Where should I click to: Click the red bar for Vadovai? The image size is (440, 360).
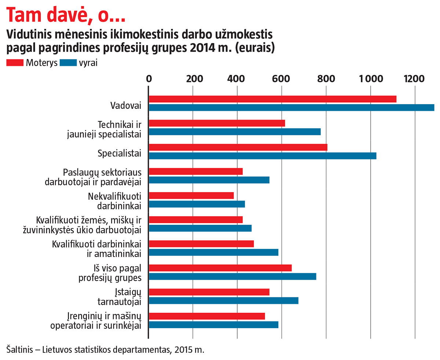272,99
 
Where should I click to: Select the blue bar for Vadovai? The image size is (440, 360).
291,107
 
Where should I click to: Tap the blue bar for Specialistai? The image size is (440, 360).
263,156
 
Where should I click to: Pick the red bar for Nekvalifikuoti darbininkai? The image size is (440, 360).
191,196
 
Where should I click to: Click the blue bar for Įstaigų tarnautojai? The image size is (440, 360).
224,301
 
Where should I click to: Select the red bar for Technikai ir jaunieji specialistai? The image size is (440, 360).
217,123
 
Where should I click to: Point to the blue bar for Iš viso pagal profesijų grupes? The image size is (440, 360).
232,277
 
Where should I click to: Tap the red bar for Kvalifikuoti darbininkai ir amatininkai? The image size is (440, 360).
201,244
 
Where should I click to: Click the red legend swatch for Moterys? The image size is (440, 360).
15,62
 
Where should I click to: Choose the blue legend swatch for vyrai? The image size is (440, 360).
68,62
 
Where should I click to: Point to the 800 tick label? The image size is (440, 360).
326,79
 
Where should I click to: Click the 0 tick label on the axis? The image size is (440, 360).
148,79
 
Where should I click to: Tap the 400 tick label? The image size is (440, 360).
237,79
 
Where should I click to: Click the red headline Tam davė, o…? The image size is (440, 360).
66,15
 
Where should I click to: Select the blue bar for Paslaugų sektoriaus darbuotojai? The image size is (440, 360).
209,180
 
